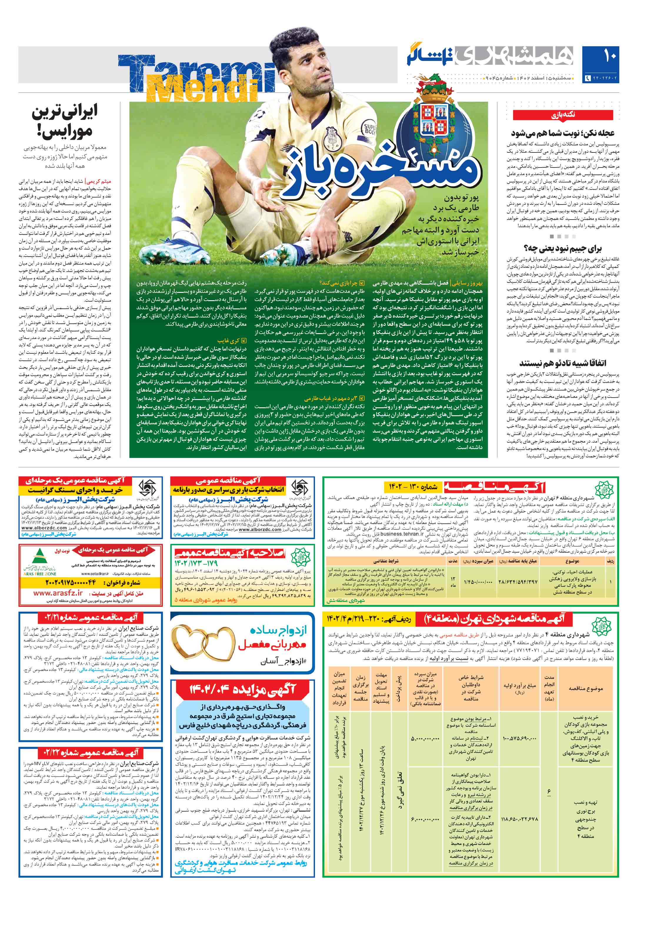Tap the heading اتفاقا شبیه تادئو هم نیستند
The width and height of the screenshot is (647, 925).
(563, 363)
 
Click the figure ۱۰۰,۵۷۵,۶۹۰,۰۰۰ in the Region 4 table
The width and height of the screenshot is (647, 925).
(519, 739)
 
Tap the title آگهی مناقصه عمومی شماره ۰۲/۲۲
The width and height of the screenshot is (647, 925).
(89, 753)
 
